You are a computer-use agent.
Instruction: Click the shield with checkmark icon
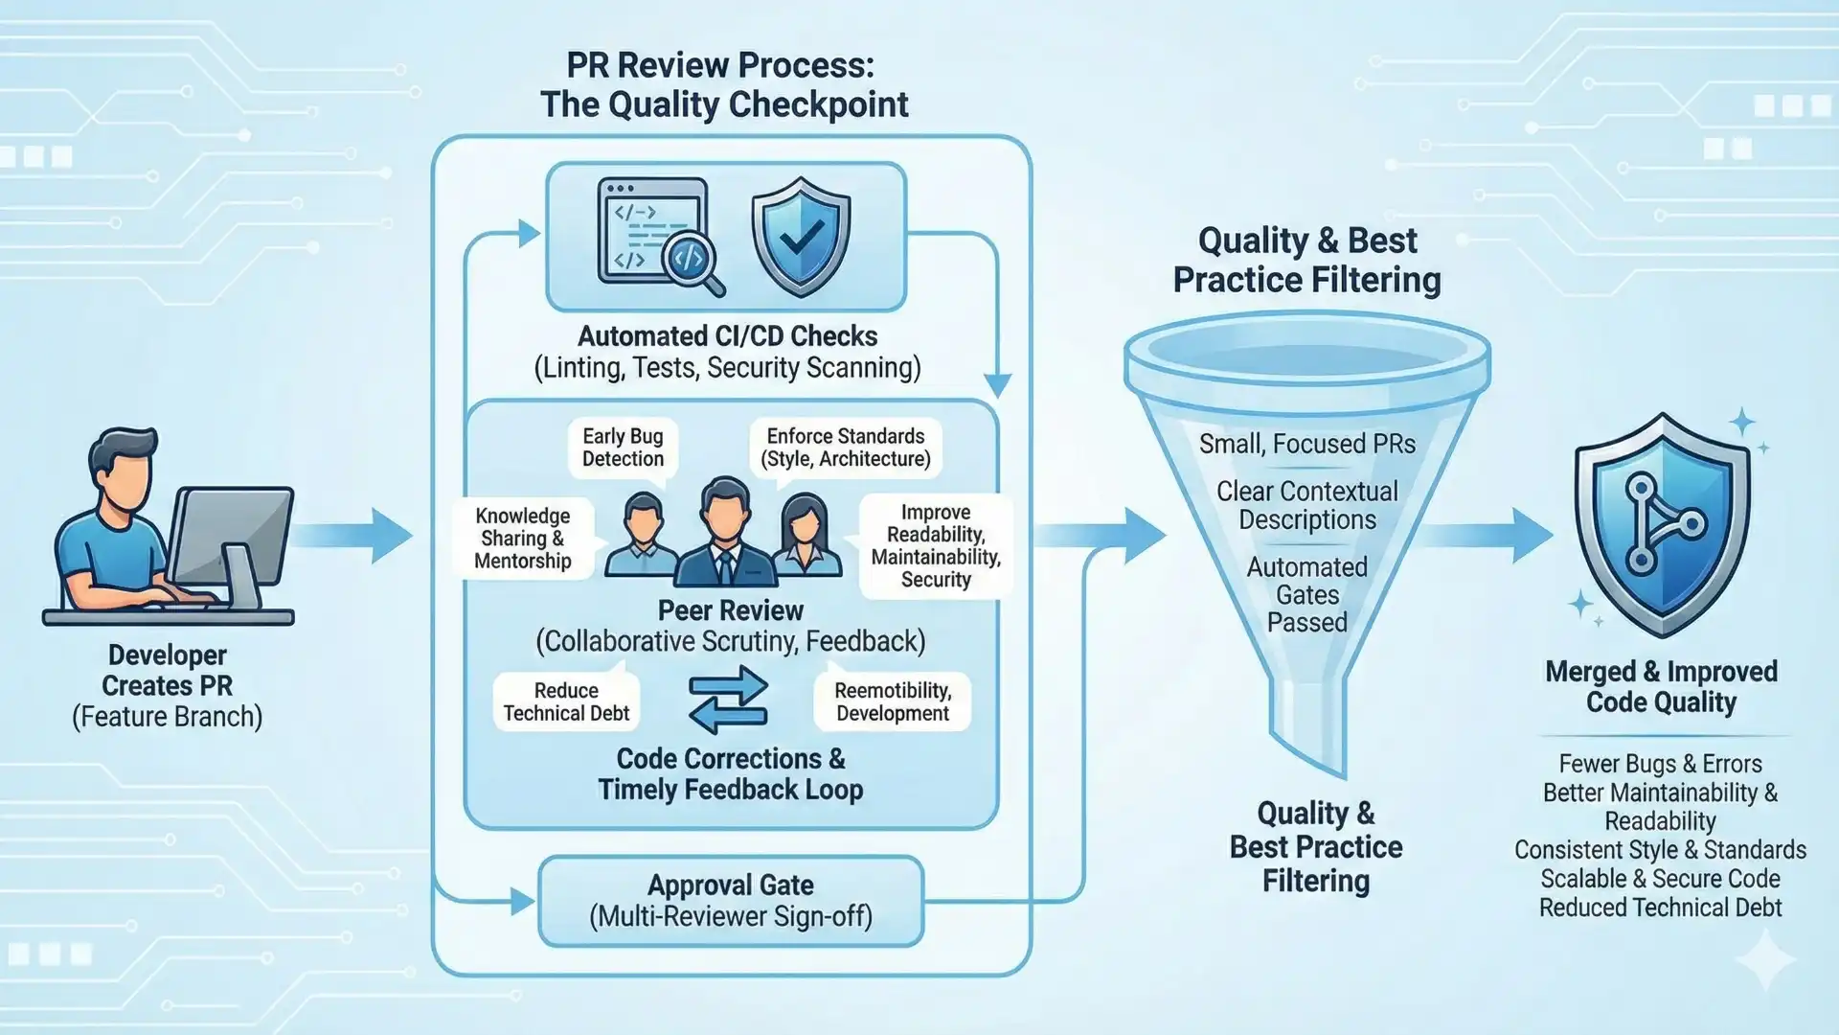pyautogui.click(x=801, y=237)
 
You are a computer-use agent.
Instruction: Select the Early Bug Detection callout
pyautogui.click(x=623, y=448)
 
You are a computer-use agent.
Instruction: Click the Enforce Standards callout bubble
pyautogui.click(x=845, y=448)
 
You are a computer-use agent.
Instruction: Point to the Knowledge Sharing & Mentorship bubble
pyautogui.click(x=523, y=539)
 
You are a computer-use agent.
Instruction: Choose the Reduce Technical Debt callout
pyautogui.click(x=566, y=701)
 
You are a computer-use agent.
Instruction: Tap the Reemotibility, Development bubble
pyautogui.click(x=892, y=701)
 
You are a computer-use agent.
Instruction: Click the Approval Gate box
pyautogui.click(x=731, y=901)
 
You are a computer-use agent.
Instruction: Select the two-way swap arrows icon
pyautogui.click(x=728, y=701)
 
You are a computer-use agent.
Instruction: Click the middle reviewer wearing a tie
pyautogui.click(x=725, y=533)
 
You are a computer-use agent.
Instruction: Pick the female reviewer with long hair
pyautogui.click(x=805, y=537)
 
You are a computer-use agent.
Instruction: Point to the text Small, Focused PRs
pyautogui.click(x=1306, y=444)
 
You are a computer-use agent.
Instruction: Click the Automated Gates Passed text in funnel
pyautogui.click(x=1306, y=594)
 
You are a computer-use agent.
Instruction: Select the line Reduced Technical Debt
pyautogui.click(x=1660, y=908)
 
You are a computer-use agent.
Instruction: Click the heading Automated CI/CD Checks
pyautogui.click(x=727, y=336)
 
